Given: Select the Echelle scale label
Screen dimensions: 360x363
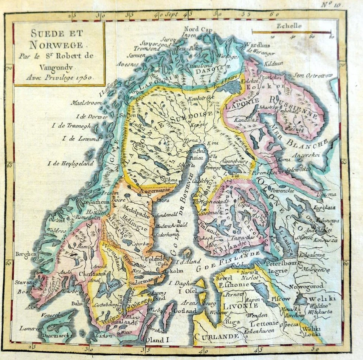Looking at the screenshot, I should tap(289, 26).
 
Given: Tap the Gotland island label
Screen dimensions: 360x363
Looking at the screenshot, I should tap(185, 311).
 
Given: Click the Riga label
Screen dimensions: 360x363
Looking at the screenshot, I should tap(231, 322).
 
